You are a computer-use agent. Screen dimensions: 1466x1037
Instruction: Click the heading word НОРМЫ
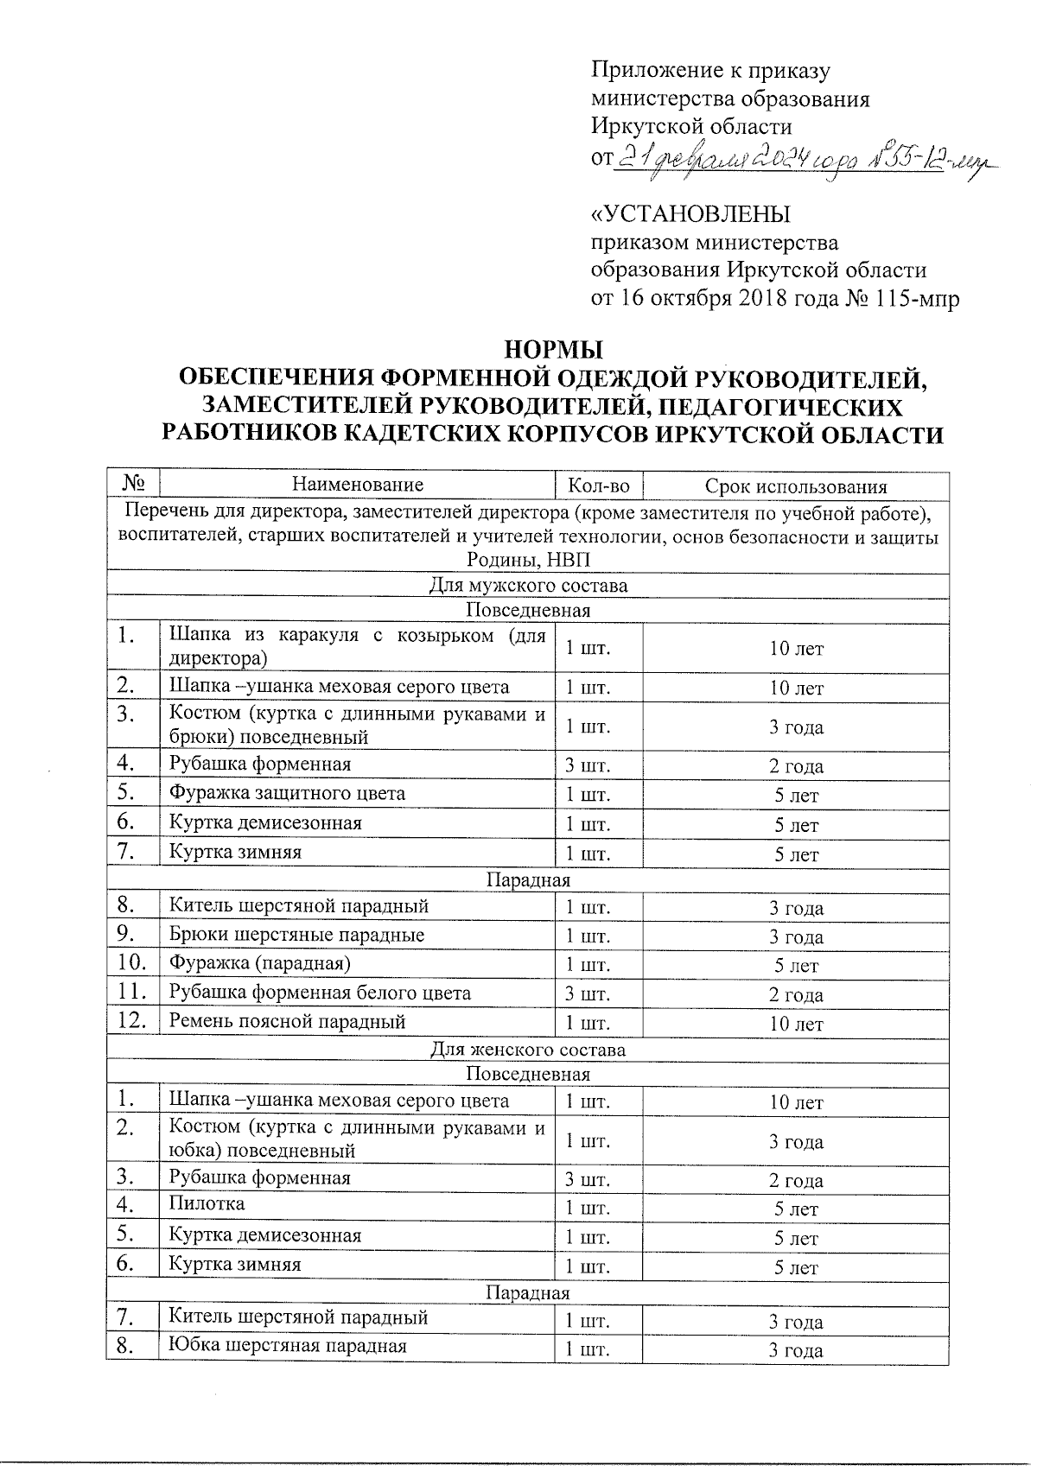[553, 351]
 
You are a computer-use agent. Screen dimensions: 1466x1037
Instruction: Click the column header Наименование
[358, 485]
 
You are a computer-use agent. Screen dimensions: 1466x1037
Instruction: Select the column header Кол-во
[598, 486]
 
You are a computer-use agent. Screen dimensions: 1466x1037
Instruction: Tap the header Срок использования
[796, 486]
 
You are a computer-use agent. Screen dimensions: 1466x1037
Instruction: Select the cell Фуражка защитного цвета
[287, 793]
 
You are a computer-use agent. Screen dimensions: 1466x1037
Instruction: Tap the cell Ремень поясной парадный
[287, 1022]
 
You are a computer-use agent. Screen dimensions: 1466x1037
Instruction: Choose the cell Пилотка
[207, 1203]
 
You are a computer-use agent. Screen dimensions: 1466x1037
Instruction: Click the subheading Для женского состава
[527, 1050]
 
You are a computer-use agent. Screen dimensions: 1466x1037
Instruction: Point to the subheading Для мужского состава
[527, 587]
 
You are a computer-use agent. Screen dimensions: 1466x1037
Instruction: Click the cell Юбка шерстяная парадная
[287, 1345]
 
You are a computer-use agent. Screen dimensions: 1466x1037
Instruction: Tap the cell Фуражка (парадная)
[259, 962]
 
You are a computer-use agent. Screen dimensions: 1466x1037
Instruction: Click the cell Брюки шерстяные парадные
[296, 935]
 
